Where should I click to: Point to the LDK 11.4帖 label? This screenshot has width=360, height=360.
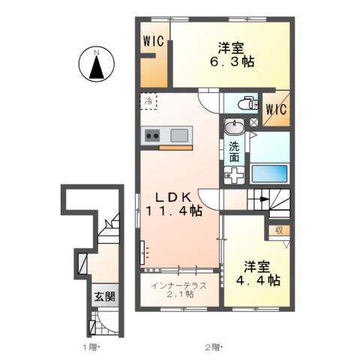coord(178,203)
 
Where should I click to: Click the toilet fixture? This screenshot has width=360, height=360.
coord(244,103)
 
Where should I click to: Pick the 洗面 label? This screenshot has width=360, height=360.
coord(234,153)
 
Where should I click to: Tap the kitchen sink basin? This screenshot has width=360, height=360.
coord(179,135)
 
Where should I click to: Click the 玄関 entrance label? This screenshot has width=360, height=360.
coord(104,296)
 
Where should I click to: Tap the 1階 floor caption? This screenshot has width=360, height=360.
coord(91,348)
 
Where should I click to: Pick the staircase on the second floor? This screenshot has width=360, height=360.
coord(270,200)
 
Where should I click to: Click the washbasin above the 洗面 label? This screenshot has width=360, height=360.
coord(234,128)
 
